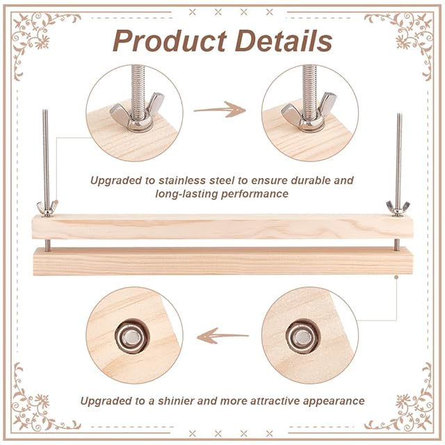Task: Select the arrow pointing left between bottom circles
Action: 222,337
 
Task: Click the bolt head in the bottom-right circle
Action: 300,337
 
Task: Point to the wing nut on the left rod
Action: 47,207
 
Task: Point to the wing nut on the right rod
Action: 398,207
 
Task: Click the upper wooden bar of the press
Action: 222,227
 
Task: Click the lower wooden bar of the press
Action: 222,261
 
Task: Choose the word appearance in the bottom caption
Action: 330,400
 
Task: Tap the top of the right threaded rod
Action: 398,116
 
